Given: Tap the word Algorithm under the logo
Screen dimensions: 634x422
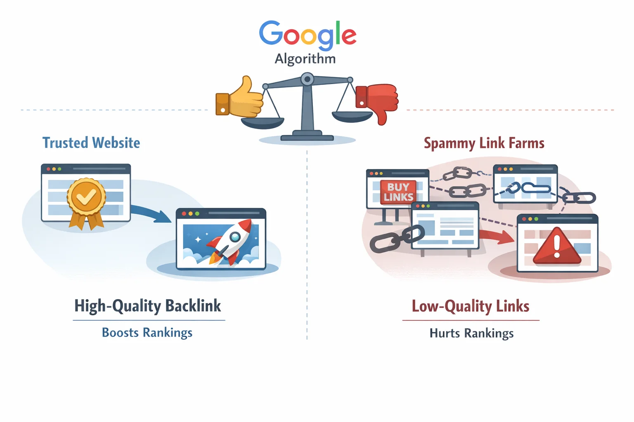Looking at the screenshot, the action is point(305,59).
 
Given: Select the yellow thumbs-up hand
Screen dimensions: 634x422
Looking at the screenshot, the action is point(241,98).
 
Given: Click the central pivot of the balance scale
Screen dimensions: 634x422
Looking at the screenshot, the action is point(307,79).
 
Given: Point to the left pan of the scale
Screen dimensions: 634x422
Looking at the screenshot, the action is point(263,122).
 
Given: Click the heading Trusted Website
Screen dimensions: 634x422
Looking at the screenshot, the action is point(91,143).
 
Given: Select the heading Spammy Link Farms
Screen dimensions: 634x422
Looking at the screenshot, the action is point(484,143).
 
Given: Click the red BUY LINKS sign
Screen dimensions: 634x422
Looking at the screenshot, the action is point(398,192).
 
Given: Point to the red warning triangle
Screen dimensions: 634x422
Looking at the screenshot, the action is point(557,247).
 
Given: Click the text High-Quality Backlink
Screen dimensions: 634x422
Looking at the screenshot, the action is point(147,306).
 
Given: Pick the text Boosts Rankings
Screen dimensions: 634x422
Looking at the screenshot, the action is point(147,333).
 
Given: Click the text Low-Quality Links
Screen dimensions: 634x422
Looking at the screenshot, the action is point(471,306).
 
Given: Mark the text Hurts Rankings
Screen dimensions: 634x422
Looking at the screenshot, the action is point(471,333).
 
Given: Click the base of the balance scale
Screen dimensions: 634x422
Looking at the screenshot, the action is point(307,136).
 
